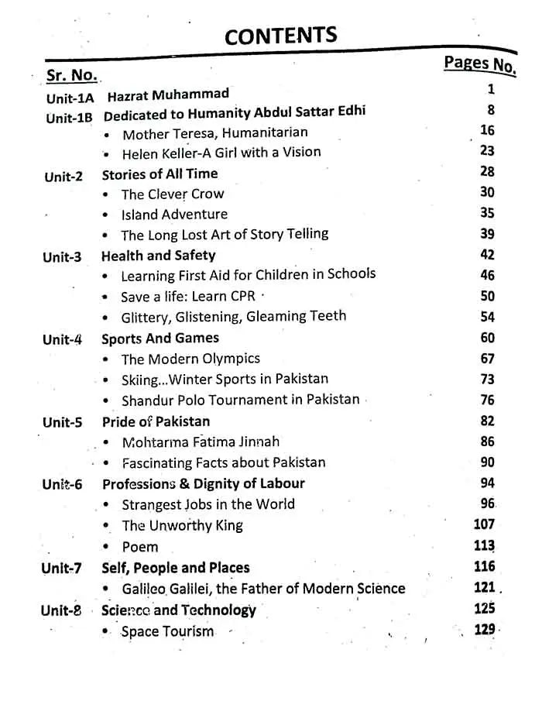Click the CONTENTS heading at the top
click(x=281, y=36)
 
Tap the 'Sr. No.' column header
click(x=71, y=75)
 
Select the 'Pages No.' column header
click(x=479, y=64)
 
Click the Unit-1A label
click(x=70, y=98)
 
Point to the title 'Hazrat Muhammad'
click(x=168, y=95)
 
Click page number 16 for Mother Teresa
click(x=486, y=130)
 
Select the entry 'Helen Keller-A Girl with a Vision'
click(x=221, y=153)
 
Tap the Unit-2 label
click(x=63, y=176)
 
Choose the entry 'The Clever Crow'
click(x=172, y=194)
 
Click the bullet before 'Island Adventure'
click(x=105, y=215)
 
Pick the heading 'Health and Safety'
click(x=159, y=255)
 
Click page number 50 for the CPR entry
click(x=486, y=295)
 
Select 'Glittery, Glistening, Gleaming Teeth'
click(x=233, y=317)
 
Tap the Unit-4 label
click(x=63, y=339)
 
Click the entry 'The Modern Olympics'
click(x=190, y=359)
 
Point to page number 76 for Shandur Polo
click(x=486, y=400)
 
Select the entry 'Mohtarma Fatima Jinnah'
click(x=201, y=442)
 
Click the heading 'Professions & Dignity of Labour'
click(x=203, y=483)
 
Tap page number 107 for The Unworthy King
click(x=483, y=524)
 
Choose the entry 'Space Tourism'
click(x=167, y=631)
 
